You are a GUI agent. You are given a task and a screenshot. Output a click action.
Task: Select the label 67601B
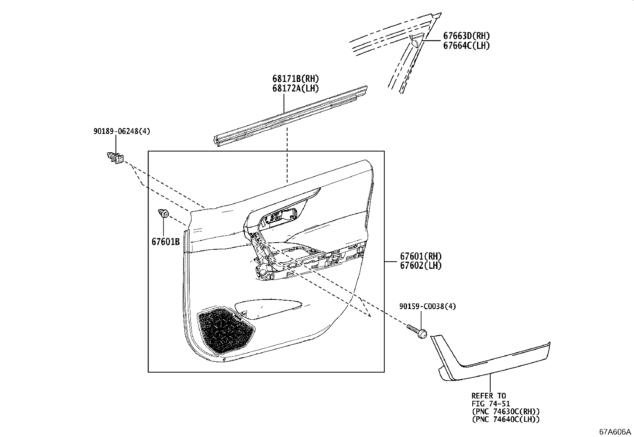(165, 242)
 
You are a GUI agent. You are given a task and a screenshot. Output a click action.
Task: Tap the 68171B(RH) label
(295, 79)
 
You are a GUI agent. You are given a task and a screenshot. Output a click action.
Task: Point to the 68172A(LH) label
(295, 88)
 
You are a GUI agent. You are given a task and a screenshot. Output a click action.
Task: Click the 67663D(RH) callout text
(466, 36)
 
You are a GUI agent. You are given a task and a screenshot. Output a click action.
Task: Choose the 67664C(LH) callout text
(466, 46)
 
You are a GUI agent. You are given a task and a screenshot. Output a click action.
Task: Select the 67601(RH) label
(421, 256)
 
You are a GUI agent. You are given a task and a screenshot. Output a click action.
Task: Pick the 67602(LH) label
(421, 266)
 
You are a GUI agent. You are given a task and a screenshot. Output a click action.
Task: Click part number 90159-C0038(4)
(428, 306)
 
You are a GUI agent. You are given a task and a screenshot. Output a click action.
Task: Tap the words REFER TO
(489, 396)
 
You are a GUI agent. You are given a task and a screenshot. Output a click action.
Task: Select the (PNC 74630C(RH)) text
(506, 412)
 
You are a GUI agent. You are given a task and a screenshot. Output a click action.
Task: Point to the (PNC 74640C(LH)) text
(506, 420)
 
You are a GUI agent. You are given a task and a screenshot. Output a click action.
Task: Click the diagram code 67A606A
(615, 432)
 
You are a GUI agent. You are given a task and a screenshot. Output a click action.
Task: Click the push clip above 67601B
(164, 214)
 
